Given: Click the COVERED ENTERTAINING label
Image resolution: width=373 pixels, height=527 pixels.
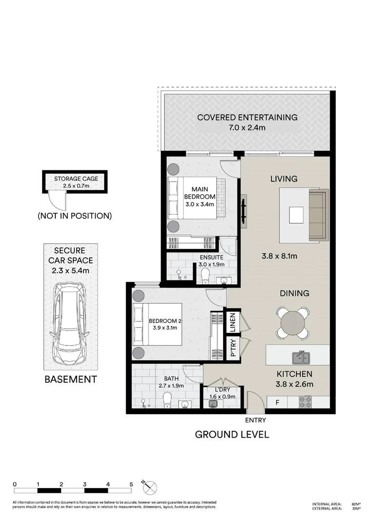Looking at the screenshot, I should [247, 117].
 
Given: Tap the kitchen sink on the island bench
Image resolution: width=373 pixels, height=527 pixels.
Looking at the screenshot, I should [301, 359].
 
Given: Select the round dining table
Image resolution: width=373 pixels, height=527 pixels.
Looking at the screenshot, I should [292, 323].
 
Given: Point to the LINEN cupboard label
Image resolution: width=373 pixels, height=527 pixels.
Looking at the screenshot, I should [233, 323].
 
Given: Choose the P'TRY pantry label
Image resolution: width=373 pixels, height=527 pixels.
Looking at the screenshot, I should [233, 348].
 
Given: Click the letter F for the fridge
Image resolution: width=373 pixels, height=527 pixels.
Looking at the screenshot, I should [278, 403].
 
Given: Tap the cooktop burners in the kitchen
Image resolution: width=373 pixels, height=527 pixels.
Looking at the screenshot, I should [306, 402].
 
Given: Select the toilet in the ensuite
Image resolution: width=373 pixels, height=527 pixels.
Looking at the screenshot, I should [205, 277].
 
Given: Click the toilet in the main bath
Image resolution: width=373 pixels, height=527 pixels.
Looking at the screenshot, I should [166, 400].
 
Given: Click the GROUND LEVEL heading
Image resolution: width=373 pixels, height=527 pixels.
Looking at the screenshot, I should [232, 434].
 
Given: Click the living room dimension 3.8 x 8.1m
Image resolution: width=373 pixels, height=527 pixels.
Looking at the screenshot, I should [277, 255].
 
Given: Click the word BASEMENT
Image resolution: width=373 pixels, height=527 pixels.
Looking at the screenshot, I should [71, 379].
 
